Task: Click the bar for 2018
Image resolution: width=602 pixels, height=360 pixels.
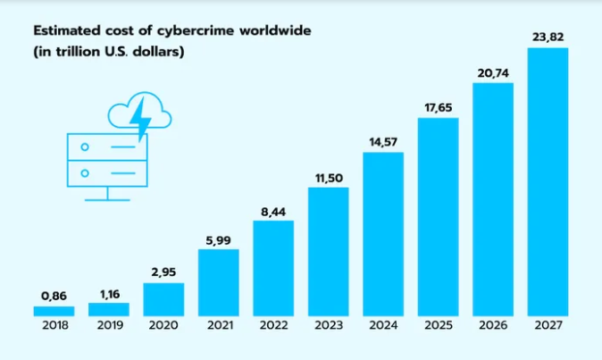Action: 54,311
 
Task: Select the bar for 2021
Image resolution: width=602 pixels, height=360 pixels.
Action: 218,281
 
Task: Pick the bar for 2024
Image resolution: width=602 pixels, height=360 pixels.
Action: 383,233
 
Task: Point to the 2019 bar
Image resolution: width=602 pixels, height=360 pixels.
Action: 108,309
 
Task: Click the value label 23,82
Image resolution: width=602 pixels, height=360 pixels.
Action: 548,37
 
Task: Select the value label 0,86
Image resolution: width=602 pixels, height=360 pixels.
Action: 54,295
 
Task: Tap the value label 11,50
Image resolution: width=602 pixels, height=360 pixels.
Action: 328,177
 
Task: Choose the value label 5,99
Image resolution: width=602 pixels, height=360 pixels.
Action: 218,239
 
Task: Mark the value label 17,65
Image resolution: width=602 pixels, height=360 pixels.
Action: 438,107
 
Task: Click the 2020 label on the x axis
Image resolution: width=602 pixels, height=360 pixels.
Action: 163,327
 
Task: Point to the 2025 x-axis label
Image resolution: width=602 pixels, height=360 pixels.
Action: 438,327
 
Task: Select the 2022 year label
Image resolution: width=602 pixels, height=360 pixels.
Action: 273,327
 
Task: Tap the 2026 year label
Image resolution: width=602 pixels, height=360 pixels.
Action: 493,327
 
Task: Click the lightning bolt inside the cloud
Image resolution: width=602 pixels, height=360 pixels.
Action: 139,115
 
